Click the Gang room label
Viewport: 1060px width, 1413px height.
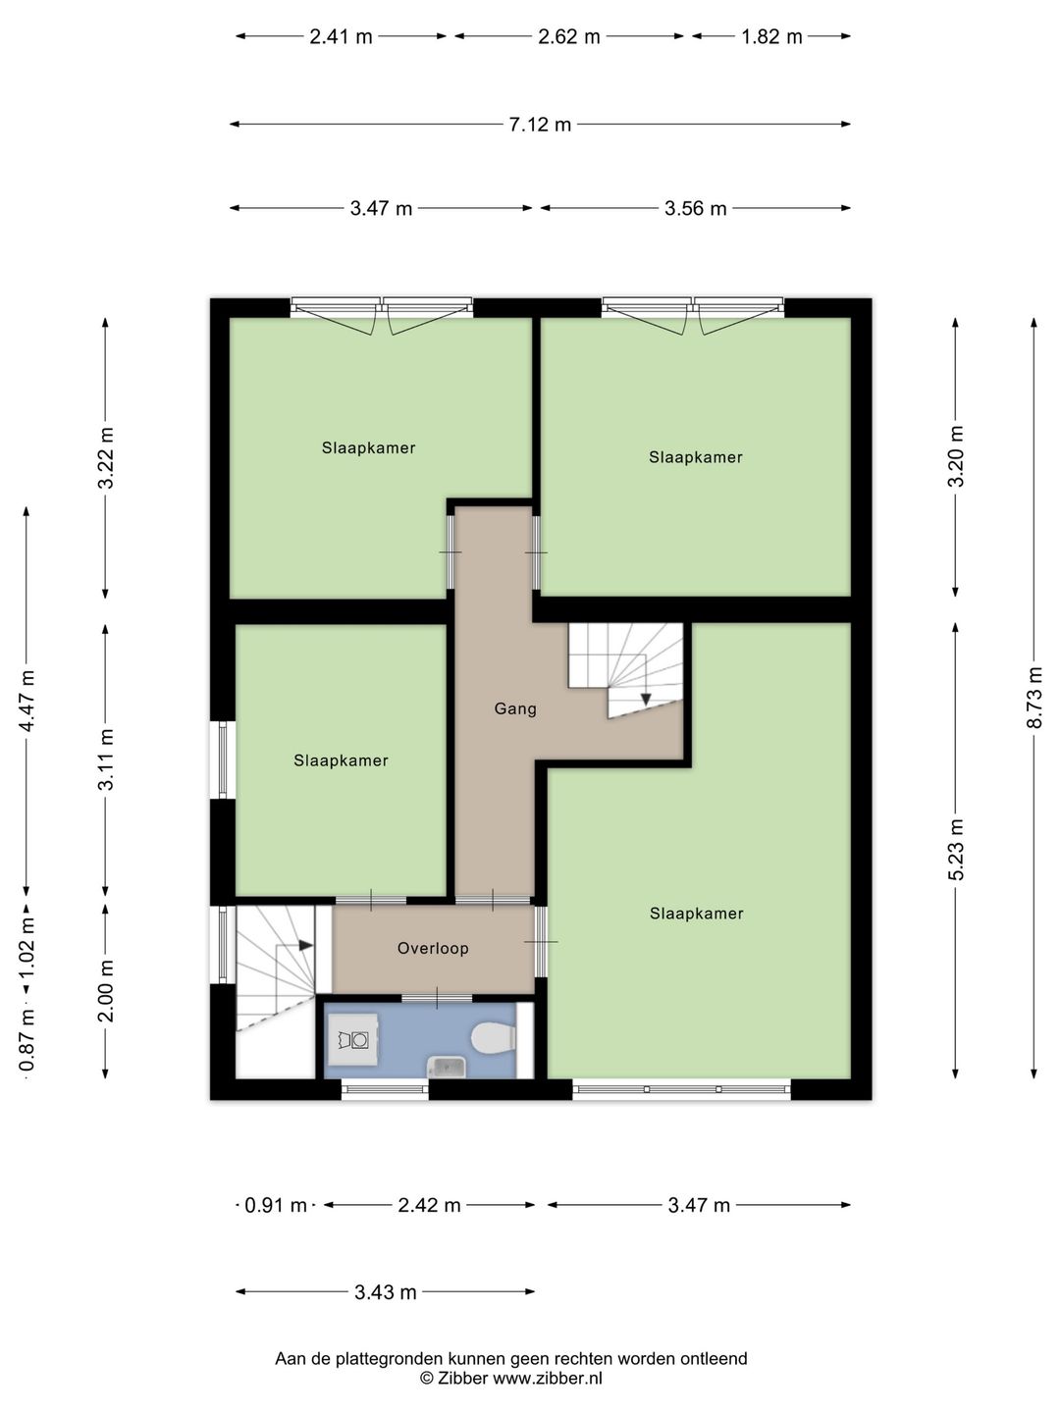pos(515,708)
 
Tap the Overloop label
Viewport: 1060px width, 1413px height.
pos(433,948)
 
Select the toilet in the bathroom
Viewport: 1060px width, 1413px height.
pos(494,1036)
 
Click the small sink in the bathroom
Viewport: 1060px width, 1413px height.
pos(449,1067)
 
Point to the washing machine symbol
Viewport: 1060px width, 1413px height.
pos(352,1039)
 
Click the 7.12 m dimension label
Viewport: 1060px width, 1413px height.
pos(540,125)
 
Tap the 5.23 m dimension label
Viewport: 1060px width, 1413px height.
pos(956,849)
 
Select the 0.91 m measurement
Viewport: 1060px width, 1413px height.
pos(276,1205)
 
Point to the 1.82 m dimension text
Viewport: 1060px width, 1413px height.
pos(771,36)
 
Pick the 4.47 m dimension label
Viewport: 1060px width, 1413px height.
pos(27,701)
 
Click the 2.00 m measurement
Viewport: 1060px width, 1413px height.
pos(106,991)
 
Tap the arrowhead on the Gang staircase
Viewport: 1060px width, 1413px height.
pos(646,699)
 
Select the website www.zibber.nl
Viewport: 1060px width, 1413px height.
pos(549,1379)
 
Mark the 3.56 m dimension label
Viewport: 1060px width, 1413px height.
pos(696,209)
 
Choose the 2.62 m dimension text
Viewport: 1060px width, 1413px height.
pos(569,36)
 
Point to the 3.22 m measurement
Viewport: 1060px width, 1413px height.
pos(106,457)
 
